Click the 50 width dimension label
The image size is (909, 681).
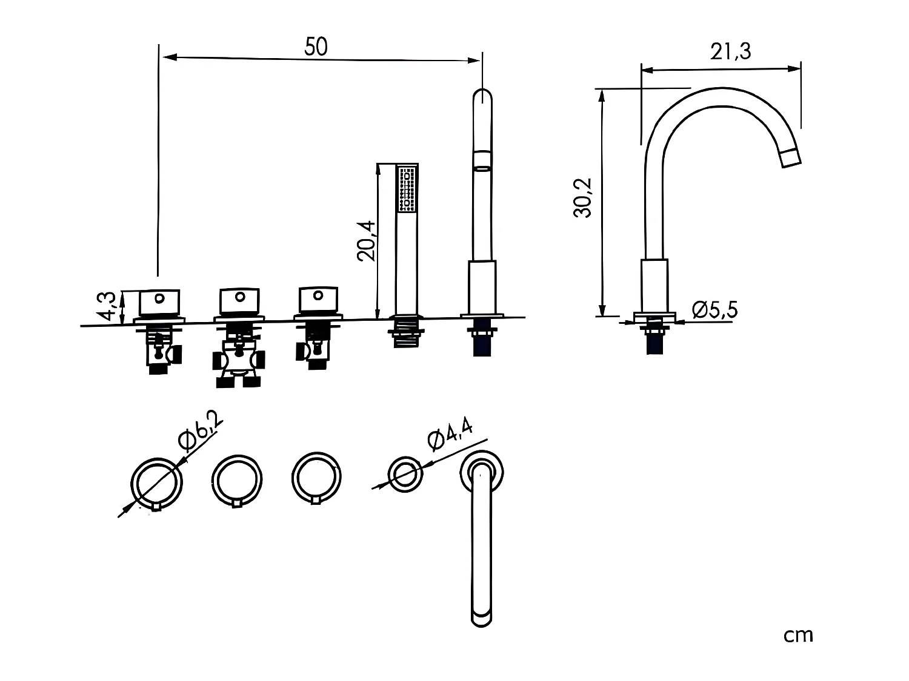tap(316, 47)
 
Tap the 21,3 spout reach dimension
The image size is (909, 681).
tap(731, 51)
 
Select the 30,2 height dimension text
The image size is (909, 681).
tap(583, 198)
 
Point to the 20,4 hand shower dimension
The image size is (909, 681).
tap(367, 240)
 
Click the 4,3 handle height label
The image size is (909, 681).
tap(107, 305)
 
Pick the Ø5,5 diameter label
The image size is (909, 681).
tap(716, 310)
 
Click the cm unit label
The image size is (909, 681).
tap(797, 635)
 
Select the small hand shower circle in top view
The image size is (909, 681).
tap(405, 473)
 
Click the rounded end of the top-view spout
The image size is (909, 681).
tap(481, 619)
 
